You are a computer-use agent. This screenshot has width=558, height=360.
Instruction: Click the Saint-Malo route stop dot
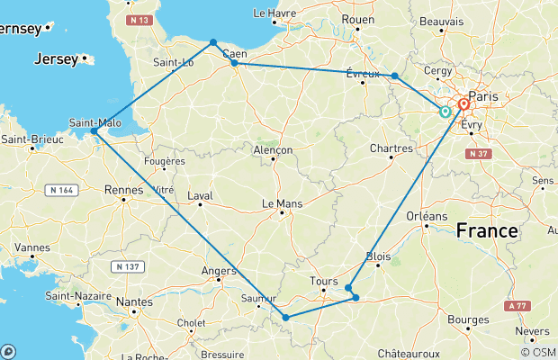(x=94, y=131)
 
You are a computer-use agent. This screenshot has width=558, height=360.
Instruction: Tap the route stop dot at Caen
(x=234, y=63)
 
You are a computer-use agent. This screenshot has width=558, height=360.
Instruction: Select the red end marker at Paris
(x=463, y=104)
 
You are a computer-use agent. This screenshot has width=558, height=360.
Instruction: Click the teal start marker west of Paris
(x=445, y=112)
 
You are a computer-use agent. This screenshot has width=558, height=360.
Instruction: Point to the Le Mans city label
(x=282, y=203)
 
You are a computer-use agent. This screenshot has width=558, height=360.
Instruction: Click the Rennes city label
(x=124, y=189)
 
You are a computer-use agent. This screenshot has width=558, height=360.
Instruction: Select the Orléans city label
(x=427, y=216)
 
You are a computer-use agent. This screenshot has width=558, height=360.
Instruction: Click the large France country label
(x=487, y=231)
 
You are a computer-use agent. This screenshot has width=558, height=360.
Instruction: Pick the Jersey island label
(x=55, y=59)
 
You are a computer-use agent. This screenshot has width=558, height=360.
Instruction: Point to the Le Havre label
(x=274, y=13)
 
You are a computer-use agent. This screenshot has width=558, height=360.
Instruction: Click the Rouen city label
(x=356, y=18)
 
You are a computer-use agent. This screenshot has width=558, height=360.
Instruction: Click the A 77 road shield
(x=516, y=306)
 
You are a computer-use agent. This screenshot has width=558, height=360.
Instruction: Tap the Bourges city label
(x=468, y=319)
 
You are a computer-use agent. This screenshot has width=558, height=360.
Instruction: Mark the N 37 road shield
(x=479, y=154)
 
